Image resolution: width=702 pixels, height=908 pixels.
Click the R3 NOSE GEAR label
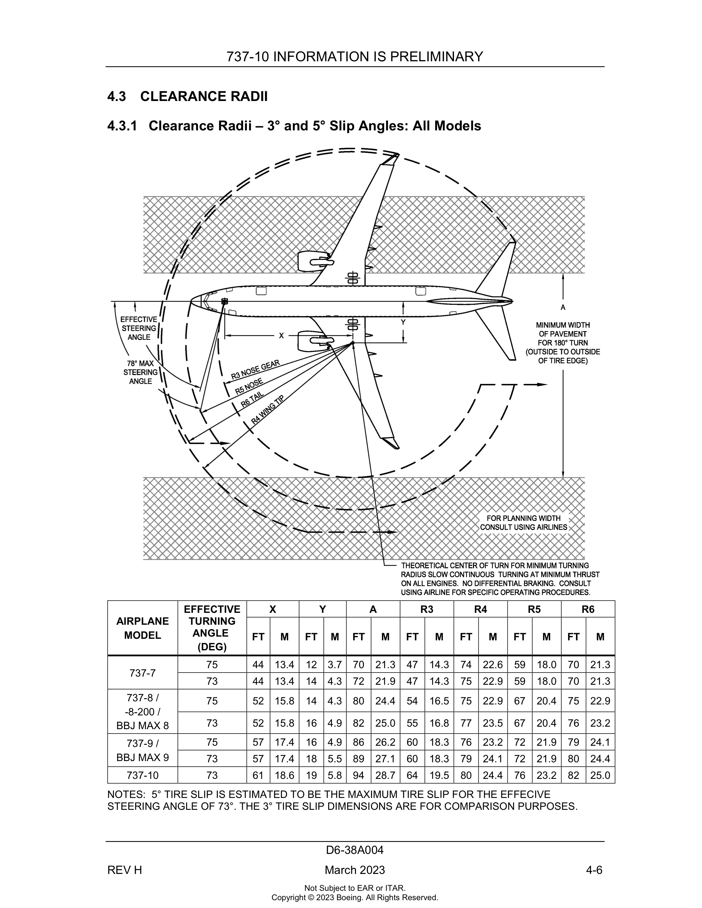(x=255, y=370)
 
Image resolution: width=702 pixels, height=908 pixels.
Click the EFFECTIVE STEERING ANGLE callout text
(x=139, y=328)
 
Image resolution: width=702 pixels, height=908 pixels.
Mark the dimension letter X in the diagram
(x=281, y=335)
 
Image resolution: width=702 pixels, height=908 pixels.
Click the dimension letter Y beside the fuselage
(x=403, y=323)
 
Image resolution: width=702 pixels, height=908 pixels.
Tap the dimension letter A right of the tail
(x=563, y=308)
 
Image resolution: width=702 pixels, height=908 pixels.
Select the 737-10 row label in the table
(x=142, y=775)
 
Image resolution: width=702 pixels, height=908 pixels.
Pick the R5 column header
(x=534, y=609)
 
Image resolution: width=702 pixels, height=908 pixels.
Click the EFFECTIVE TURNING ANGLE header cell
(x=212, y=628)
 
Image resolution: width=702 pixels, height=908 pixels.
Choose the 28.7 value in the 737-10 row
(x=385, y=775)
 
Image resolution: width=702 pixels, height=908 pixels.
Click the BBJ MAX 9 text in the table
(x=142, y=758)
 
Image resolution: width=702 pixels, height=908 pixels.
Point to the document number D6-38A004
(x=355, y=850)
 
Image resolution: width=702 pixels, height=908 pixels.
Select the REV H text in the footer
(x=124, y=870)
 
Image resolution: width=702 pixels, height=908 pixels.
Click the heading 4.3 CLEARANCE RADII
(x=187, y=96)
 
